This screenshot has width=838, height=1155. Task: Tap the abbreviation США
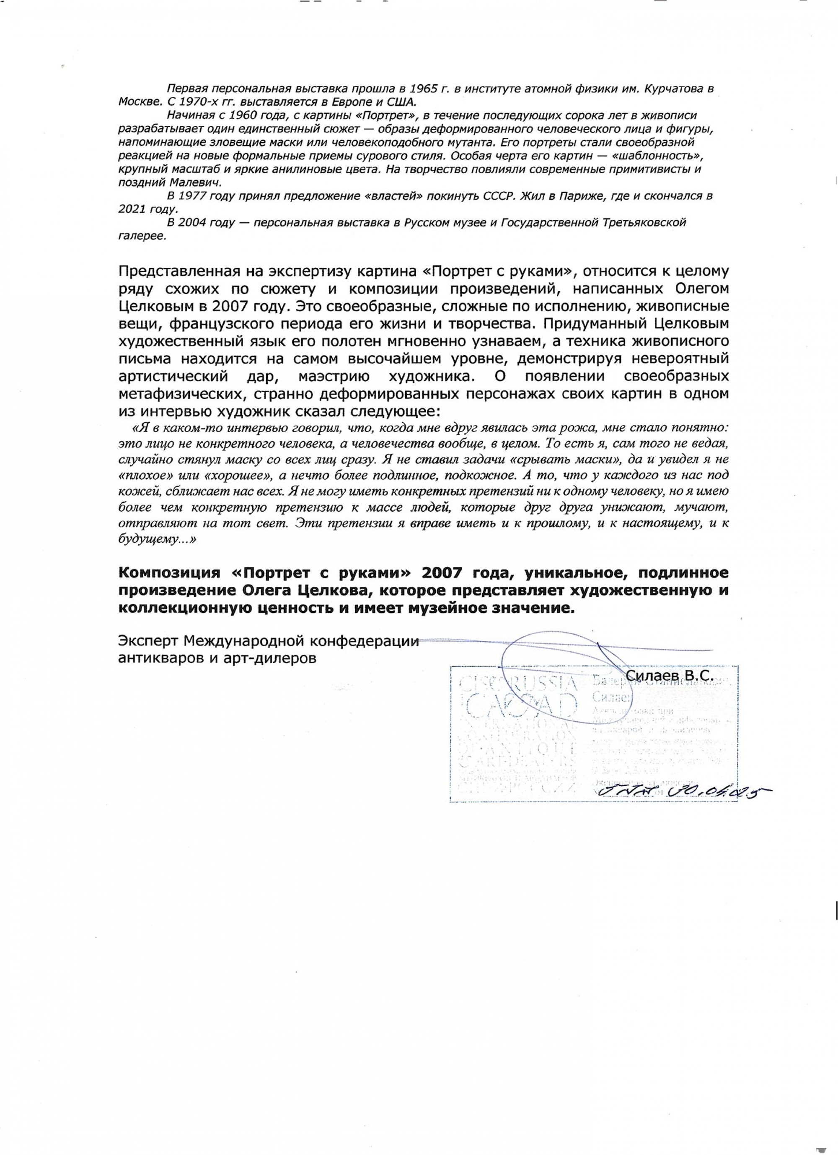tap(400, 102)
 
